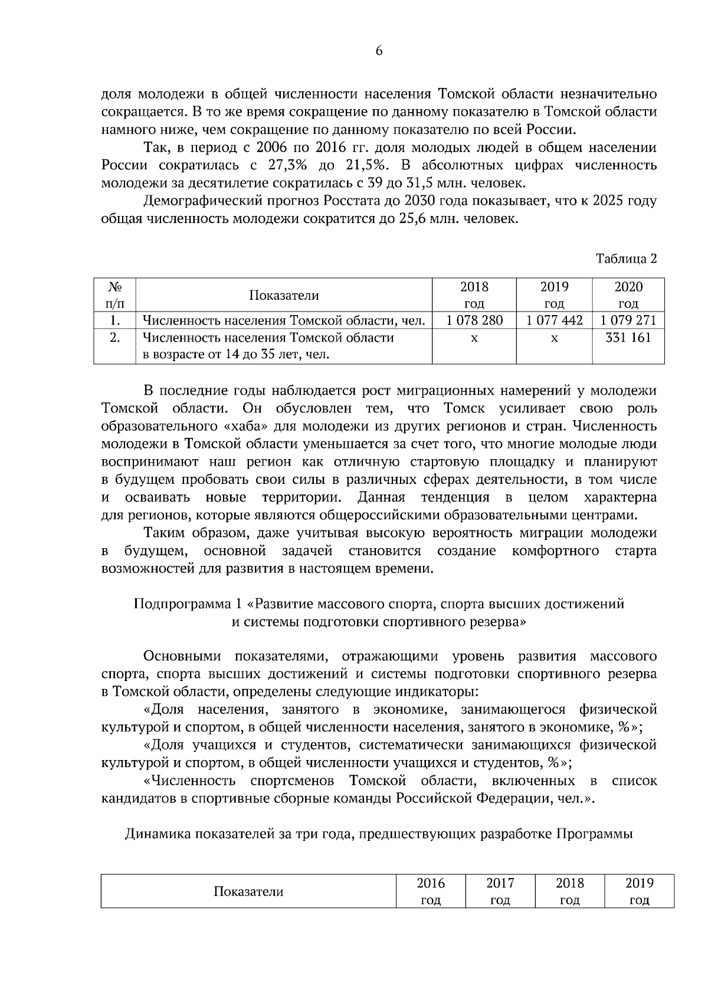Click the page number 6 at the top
click(379, 51)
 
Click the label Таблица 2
click(626, 258)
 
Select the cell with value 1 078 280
click(474, 320)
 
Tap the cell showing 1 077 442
click(554, 320)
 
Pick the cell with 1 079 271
click(628, 320)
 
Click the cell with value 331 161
click(628, 338)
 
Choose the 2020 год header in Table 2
click(628, 295)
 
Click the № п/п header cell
click(115, 295)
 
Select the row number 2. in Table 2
click(115, 338)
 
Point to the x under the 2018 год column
click(474, 339)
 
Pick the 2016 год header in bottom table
click(431, 891)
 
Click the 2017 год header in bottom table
click(500, 891)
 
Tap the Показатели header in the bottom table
click(248, 891)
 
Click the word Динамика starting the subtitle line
click(159, 834)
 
